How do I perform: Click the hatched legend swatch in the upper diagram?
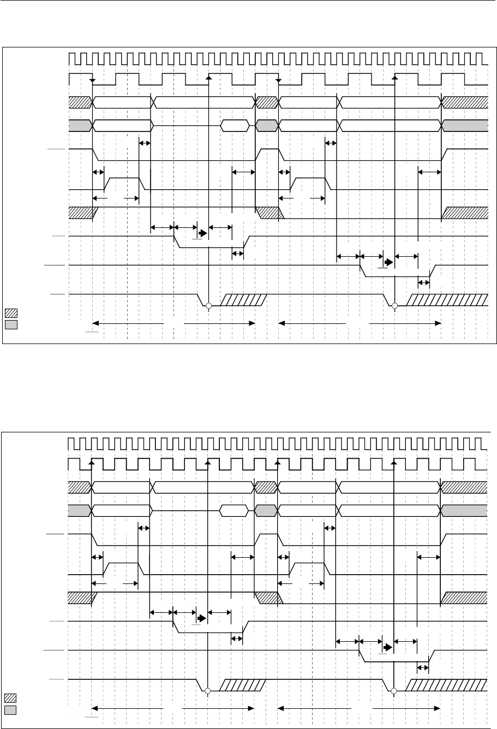pos(11,313)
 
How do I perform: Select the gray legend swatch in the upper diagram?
pos(11,324)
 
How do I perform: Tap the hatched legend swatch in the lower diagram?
pos(11,697)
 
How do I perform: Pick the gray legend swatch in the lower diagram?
pos(11,709)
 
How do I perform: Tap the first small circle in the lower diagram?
pos(208,691)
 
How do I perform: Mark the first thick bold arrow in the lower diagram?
pos(202,618)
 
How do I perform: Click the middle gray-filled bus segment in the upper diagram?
pos(267,125)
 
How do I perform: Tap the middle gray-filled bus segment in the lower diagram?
pos(266,510)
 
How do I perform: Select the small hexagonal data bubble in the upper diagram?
pos(234,125)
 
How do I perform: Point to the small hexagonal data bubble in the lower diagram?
pos(233,510)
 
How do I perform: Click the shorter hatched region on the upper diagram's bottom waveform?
pos(244,300)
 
